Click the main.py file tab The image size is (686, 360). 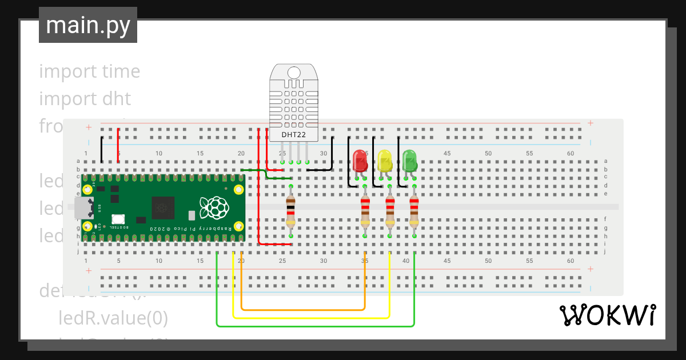[x=88, y=25]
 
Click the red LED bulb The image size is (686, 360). [x=360, y=161]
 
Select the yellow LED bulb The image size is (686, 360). [x=385, y=161]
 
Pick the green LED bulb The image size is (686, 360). [x=409, y=161]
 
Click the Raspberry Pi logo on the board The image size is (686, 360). [x=213, y=207]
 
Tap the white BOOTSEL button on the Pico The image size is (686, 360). [x=118, y=219]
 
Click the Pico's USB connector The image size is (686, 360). [x=84, y=208]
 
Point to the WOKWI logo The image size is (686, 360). [x=607, y=315]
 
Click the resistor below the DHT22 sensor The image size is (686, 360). [x=291, y=211]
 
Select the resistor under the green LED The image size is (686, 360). [x=414, y=211]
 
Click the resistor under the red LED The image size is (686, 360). [x=365, y=211]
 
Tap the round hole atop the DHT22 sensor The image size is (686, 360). [x=294, y=73]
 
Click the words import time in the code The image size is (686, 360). [x=89, y=71]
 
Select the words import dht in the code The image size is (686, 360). [x=85, y=99]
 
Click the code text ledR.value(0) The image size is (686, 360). [x=113, y=318]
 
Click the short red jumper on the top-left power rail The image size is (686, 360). [x=118, y=146]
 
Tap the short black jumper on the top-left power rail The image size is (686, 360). [x=102, y=149]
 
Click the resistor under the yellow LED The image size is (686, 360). [x=390, y=211]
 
